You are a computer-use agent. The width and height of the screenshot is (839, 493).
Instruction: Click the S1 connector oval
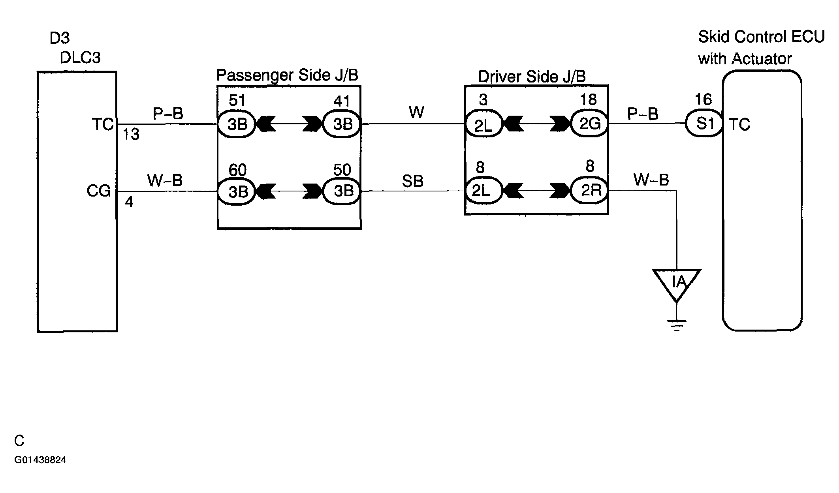point(704,123)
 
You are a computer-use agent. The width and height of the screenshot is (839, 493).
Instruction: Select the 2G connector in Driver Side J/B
point(589,124)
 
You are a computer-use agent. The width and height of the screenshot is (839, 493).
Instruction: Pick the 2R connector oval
point(589,191)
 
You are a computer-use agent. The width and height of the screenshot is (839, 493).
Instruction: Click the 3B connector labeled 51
point(237,124)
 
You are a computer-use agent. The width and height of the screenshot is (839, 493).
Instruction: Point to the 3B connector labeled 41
point(342,124)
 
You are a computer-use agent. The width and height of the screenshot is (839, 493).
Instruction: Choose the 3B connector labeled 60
point(237,191)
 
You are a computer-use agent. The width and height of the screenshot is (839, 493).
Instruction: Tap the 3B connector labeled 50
point(342,191)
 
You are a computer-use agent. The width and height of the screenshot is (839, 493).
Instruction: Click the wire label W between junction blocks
point(416,112)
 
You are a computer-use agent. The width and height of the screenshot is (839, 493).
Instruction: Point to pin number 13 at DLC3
point(131,135)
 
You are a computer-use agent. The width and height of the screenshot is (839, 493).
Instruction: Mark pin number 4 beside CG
point(129,202)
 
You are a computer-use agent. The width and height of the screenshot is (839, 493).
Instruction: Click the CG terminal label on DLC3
point(98,191)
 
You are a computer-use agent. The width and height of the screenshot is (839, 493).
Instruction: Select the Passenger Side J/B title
point(287,75)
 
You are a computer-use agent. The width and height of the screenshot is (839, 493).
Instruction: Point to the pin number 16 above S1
point(703,99)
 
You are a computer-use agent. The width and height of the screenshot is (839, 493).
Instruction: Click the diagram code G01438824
point(40,460)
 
